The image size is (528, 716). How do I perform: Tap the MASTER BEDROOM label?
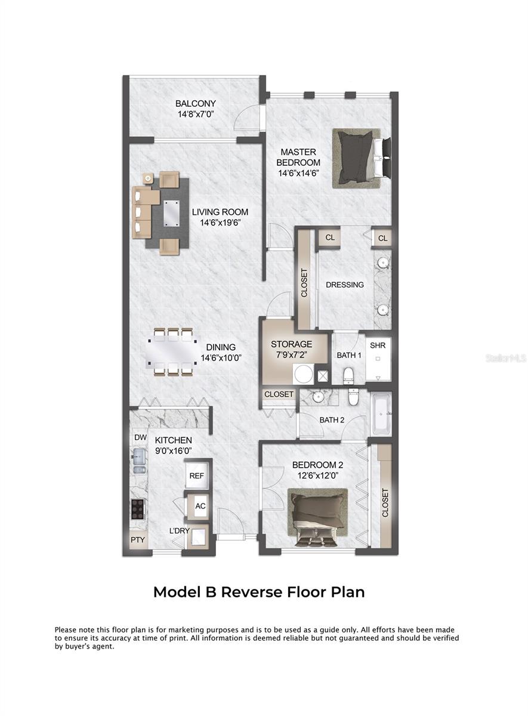tap(298, 157)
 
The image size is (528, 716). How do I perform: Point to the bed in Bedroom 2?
tap(317, 516)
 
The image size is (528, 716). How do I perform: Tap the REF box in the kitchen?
tap(197, 476)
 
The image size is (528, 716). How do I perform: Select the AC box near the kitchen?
tap(200, 506)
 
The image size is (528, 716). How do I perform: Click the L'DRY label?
tap(179, 530)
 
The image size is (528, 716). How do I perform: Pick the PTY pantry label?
tap(137, 541)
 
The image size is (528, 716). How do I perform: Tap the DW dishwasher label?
tap(140, 437)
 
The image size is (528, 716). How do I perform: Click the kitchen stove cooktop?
tap(137, 508)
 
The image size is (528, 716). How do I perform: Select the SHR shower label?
tap(377, 345)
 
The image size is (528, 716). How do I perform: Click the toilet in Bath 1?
tap(349, 375)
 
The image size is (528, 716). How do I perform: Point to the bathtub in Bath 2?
tap(381, 413)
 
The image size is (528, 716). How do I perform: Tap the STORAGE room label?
tap(292, 344)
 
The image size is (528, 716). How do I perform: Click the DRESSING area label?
tap(344, 285)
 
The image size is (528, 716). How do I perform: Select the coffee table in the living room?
tap(171, 211)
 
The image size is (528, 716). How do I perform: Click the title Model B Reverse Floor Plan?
tap(259, 592)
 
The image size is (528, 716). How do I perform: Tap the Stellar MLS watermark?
tap(505, 359)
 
